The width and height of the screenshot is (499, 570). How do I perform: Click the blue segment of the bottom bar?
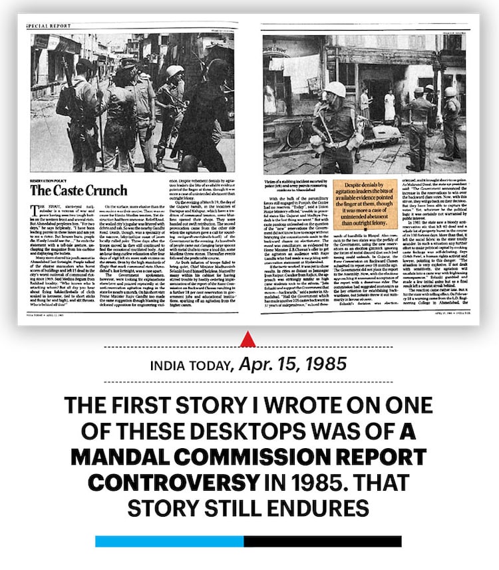tap(170, 541)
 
